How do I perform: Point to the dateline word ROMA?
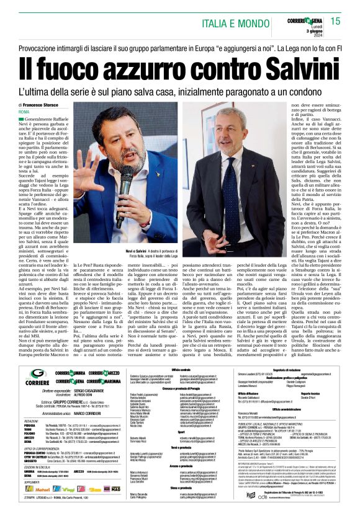(x=33, y=112)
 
